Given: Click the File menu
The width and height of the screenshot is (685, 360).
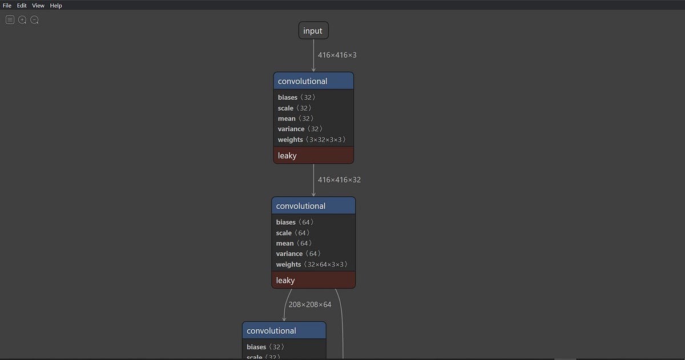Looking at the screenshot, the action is click(7, 5).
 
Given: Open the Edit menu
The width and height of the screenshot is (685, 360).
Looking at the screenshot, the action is click(22, 5).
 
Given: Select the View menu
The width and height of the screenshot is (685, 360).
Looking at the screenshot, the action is click(38, 5).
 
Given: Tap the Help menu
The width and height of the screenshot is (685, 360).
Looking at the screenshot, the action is click(56, 5).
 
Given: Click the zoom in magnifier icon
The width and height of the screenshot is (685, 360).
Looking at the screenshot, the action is click(22, 20).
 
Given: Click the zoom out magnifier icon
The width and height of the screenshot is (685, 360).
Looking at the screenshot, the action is click(35, 20).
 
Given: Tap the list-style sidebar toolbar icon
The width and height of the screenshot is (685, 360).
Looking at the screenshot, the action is click(10, 20).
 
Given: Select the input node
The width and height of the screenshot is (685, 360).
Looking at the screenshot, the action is click(313, 31).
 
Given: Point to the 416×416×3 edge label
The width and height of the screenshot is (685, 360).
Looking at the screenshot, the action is click(337, 55).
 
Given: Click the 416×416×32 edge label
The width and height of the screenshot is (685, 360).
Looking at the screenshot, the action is click(339, 180).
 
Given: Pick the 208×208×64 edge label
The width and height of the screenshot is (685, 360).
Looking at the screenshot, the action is click(310, 305).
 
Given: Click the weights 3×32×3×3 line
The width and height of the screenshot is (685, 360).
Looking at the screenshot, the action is click(312, 140).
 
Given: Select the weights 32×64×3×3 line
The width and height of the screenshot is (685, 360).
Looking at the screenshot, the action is click(312, 265).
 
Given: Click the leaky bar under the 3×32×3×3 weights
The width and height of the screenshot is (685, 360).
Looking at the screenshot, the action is click(313, 155).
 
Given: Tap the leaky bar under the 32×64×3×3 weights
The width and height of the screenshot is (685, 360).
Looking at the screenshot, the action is click(313, 280).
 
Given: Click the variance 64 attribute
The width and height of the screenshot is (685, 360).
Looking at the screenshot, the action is click(298, 254).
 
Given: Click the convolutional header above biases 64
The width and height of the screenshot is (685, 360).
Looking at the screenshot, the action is click(313, 206).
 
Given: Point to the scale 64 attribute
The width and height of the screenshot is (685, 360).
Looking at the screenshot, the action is click(293, 233).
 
